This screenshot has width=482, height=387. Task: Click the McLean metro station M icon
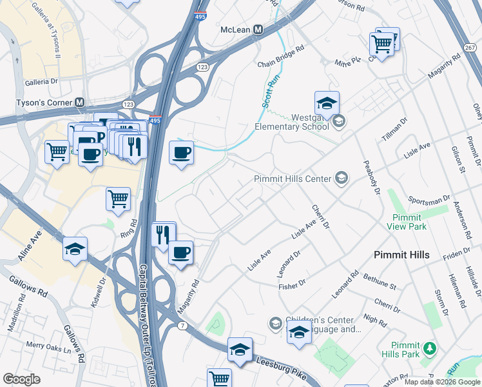pyautogui.click(x=258, y=30)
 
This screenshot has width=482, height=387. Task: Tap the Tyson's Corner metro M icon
pyautogui.click(x=81, y=103)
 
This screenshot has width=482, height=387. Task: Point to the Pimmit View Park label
pyautogui.click(x=407, y=222)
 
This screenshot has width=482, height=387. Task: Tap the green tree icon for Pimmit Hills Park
pyautogui.click(x=429, y=349)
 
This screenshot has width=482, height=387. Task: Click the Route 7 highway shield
pyautogui.click(x=183, y=326)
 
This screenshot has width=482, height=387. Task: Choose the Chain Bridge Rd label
pyautogui.click(x=280, y=57)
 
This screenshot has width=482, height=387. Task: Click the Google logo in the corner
pyautogui.click(x=21, y=379)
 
